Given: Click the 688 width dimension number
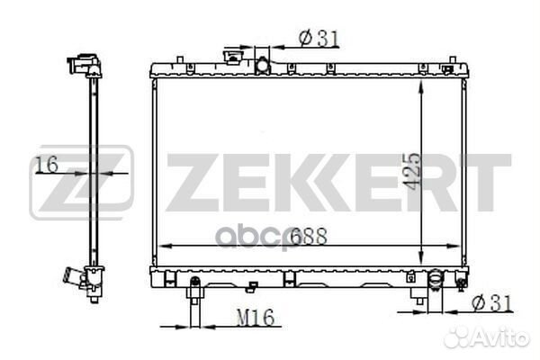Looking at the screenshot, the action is click(x=308, y=237).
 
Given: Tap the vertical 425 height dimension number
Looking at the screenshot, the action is click(x=412, y=170).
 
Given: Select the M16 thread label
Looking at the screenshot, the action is click(x=256, y=318).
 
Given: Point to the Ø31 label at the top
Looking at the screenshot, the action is click(x=319, y=38).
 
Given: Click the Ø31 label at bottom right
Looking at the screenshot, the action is click(x=493, y=303).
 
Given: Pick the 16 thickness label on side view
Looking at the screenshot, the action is click(x=47, y=165).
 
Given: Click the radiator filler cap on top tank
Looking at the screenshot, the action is click(x=233, y=57).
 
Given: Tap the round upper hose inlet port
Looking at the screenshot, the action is click(x=262, y=66).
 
